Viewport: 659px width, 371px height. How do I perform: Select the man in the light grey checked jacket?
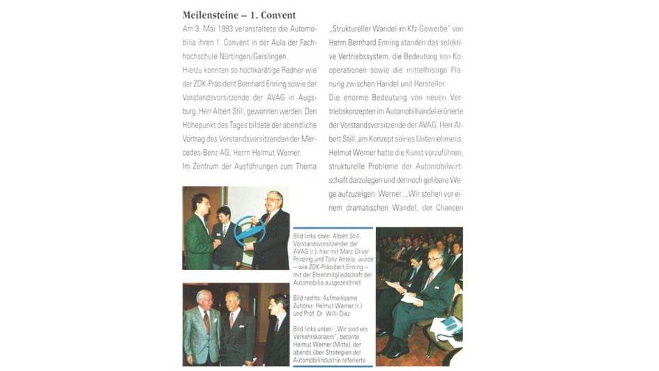coord(202,328)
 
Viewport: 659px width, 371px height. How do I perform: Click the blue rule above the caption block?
coord(332,228)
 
